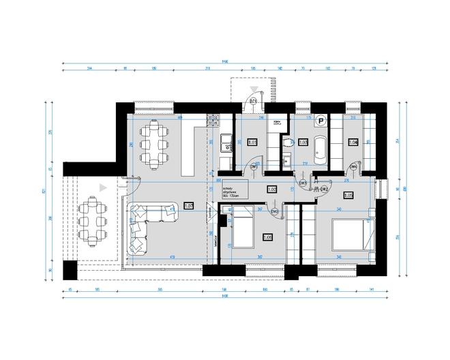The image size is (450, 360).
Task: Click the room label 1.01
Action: coord(252,142)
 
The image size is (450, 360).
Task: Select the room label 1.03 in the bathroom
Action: coord(303,142)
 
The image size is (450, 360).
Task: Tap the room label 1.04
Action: coord(353,142)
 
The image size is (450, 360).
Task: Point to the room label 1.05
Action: coord(348,196)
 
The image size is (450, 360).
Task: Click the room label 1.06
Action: coord(267,237)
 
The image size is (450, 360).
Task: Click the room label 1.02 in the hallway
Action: coord(271,190)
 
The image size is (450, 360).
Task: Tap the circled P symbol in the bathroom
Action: coord(320,119)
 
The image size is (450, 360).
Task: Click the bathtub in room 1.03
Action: coord(320,144)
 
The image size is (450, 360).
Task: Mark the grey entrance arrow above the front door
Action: coord(254,89)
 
